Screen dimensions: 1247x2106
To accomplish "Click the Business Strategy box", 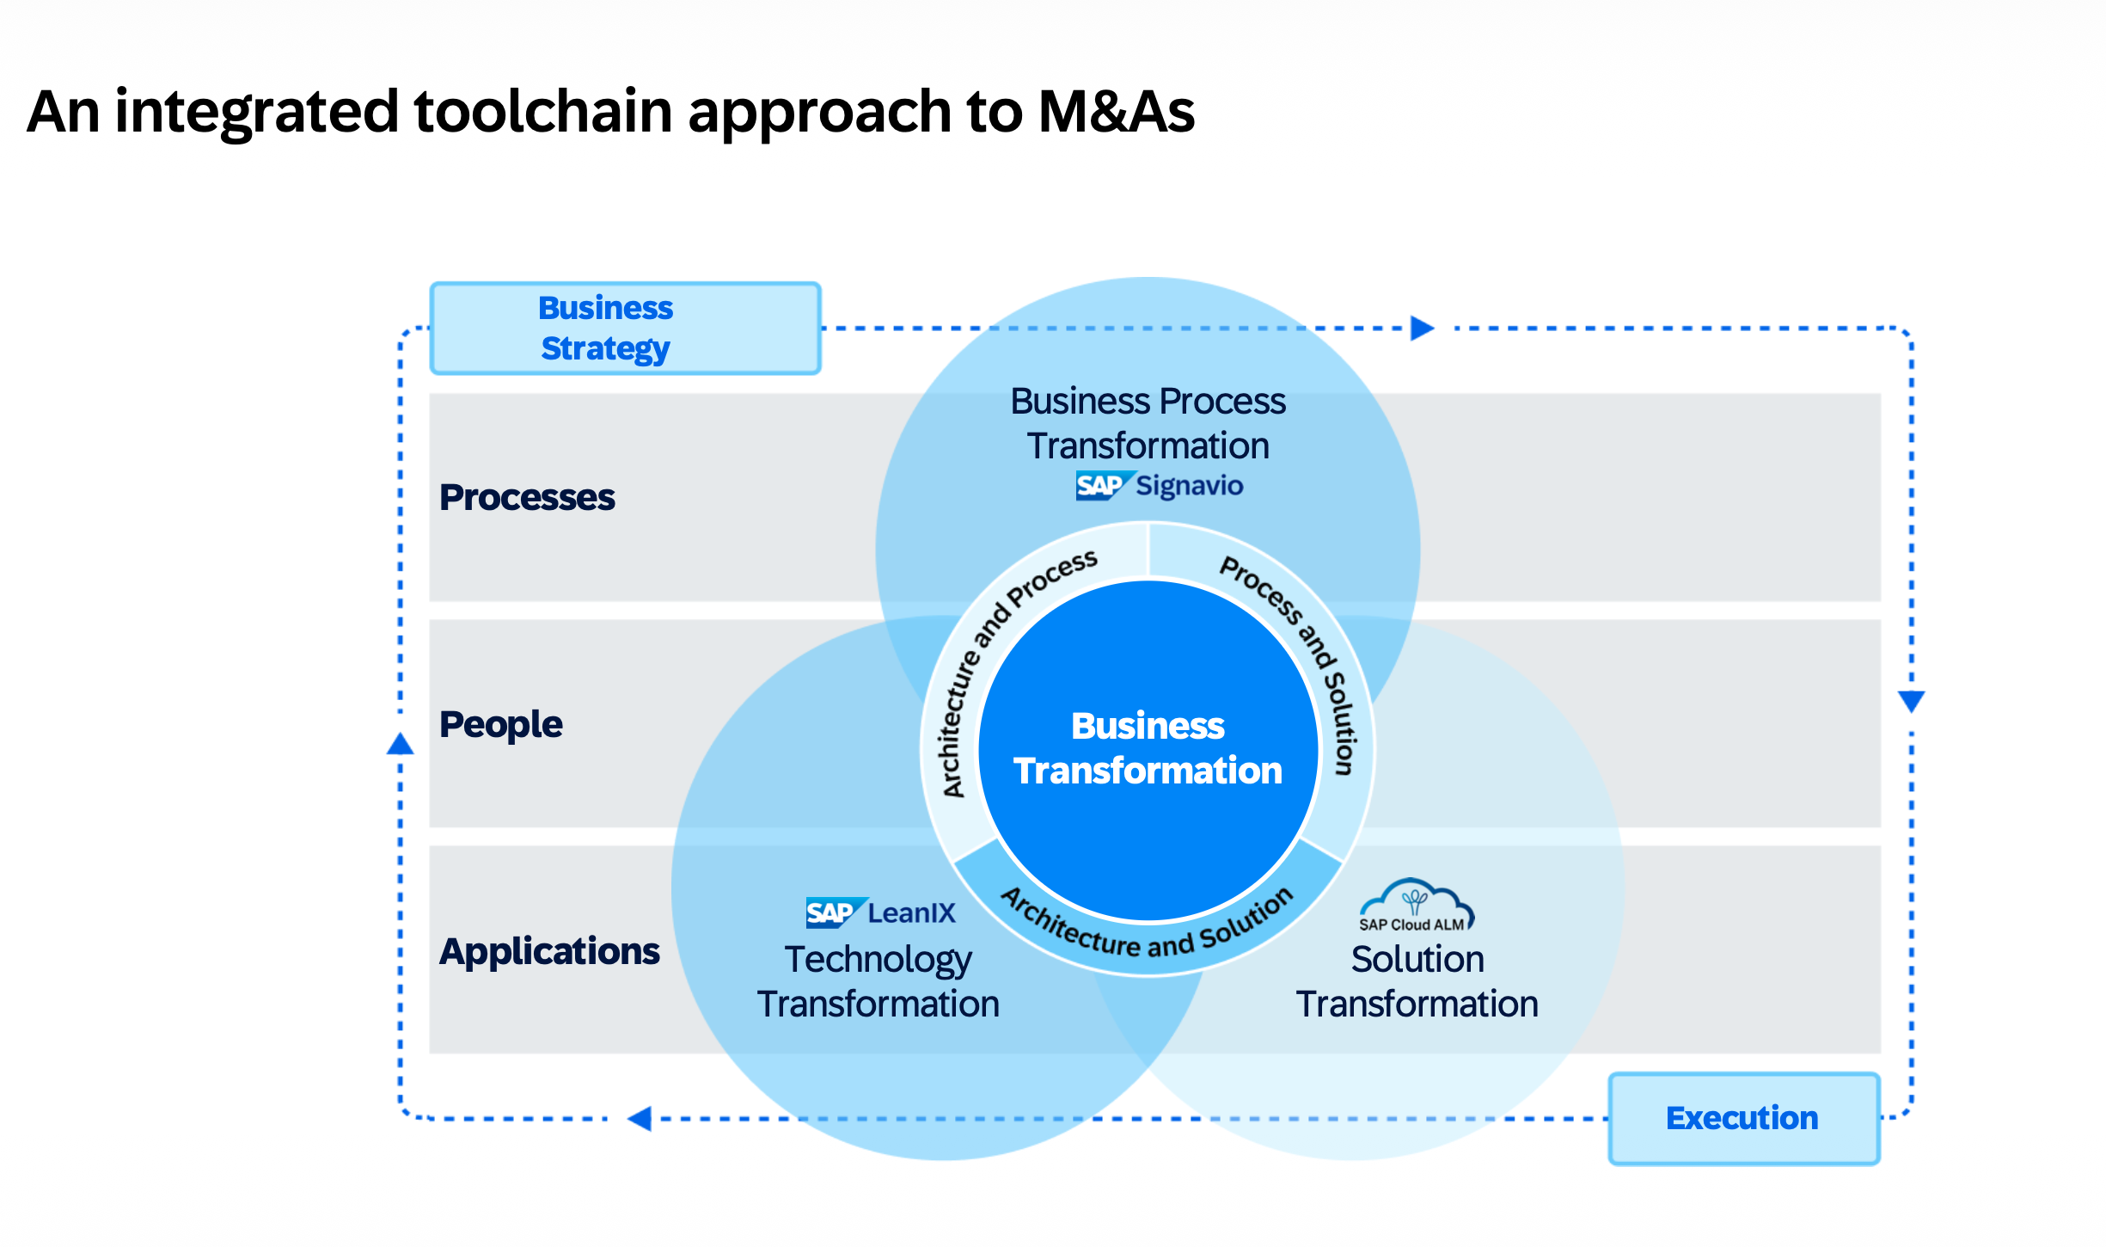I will (x=625, y=329).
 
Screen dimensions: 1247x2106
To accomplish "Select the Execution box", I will (x=1743, y=1118).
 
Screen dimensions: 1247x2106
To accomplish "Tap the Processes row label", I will (x=527, y=497).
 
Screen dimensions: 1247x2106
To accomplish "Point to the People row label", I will (x=500, y=724).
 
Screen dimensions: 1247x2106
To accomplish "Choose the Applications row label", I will (x=549, y=951).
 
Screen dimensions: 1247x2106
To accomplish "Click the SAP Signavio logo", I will (x=1159, y=486).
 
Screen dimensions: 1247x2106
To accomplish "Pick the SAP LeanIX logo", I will (x=880, y=912).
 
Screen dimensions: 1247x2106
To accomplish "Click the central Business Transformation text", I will (x=1148, y=748).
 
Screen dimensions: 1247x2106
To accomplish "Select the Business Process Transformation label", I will (x=1148, y=423).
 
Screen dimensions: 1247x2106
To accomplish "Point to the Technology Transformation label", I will (x=878, y=981).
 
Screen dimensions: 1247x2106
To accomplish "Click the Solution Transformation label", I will (x=1417, y=981).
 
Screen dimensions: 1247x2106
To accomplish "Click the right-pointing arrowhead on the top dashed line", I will (x=1422, y=329).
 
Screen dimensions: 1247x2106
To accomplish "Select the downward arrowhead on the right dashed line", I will (x=1911, y=701).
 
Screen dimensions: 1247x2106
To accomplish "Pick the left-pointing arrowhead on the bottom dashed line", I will (x=640, y=1118).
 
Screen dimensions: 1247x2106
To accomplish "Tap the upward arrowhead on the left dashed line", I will (x=400, y=744).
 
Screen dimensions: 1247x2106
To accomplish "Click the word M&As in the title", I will (x=1116, y=112).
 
